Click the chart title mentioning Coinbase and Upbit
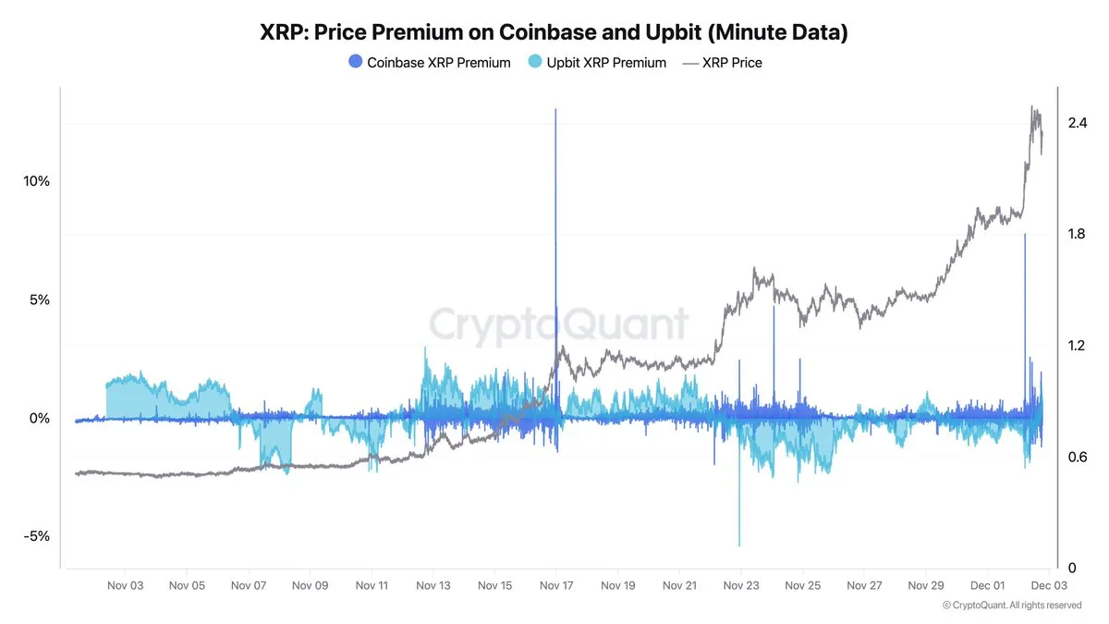pos(554,32)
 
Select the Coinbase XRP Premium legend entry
pos(430,63)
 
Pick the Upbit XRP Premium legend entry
pos(597,63)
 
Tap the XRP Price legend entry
pos(722,63)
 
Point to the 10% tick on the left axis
pos(36,181)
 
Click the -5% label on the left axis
pos(36,536)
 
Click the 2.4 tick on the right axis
pos(1077,123)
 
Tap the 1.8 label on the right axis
pos(1077,234)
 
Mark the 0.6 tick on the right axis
pos(1077,457)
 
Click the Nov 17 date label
pos(556,585)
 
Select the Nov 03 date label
pos(125,585)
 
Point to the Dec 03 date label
pos(1049,585)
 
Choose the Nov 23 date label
pos(741,585)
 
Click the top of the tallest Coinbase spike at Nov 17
pos(555,109)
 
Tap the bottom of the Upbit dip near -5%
pos(739,545)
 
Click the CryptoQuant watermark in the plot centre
pos(559,325)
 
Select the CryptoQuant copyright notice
pos(1012,605)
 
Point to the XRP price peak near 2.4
pos(1032,107)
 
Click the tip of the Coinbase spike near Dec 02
pos(1025,235)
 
